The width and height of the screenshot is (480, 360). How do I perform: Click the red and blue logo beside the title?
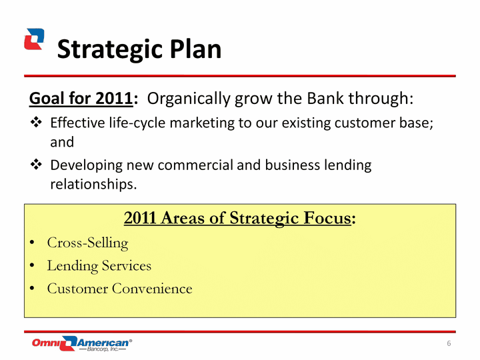tap(34, 39)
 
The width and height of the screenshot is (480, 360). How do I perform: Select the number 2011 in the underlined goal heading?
tap(114, 99)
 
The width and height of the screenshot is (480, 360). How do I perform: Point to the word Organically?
tap(189, 99)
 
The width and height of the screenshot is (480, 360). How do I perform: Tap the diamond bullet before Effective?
tap(36, 122)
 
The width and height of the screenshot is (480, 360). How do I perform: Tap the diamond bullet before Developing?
tap(36, 165)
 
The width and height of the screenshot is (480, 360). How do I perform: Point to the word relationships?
tap(93, 185)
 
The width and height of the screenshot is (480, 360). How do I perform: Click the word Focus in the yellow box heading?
tap(327, 218)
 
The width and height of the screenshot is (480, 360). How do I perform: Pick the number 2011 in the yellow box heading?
tap(140, 218)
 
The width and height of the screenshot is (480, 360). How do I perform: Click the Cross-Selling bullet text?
tap(87, 243)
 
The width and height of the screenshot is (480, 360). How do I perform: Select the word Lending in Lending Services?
tap(72, 266)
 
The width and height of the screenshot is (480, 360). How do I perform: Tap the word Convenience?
tap(152, 289)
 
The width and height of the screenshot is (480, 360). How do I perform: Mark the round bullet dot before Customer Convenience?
tap(32, 288)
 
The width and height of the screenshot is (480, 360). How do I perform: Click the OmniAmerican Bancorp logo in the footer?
tap(82, 343)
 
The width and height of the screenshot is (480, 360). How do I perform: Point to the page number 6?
tap(449, 343)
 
